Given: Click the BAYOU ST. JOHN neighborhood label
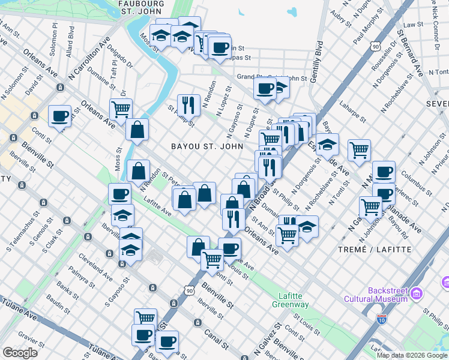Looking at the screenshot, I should [207, 146].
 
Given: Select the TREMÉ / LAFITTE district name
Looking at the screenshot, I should [375, 249].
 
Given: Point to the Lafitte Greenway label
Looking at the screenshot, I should [294, 300].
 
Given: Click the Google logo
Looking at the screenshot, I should [20, 353].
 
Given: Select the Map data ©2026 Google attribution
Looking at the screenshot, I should [412, 355].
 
